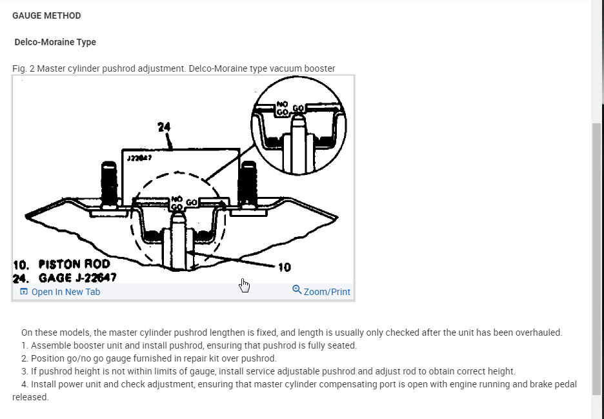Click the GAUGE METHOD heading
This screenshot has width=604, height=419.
tap(46, 15)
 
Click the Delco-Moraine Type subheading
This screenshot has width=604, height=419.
tap(55, 42)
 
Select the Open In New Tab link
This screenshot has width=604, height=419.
tap(65, 292)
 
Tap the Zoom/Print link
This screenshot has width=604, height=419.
tap(327, 292)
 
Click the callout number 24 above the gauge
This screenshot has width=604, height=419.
tap(164, 127)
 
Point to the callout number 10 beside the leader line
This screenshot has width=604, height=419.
tap(284, 267)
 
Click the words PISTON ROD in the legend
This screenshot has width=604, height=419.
tap(74, 264)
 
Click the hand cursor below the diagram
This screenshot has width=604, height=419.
tap(244, 285)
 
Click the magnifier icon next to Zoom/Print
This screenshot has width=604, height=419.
tap(297, 290)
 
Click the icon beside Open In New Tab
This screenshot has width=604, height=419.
tap(24, 292)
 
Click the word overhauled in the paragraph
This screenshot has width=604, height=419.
tap(541, 332)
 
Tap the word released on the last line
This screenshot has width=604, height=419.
tap(30, 397)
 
